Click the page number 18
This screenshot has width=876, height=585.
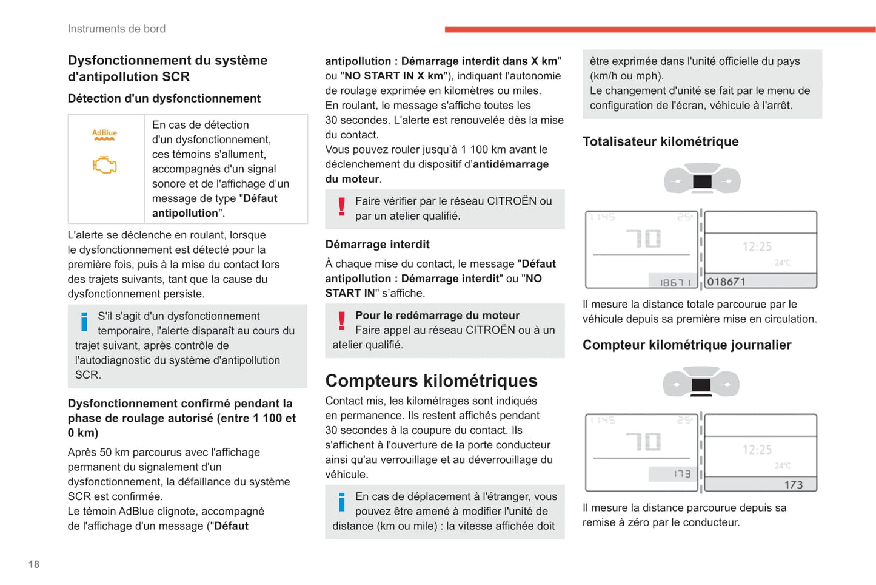[34, 564]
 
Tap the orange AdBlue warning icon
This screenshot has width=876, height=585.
[104, 134]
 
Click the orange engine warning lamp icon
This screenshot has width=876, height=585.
[104, 165]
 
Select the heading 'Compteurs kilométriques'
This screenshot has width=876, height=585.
[431, 380]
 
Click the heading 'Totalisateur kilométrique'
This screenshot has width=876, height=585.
[660, 141]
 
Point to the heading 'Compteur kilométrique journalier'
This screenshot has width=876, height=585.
[687, 345]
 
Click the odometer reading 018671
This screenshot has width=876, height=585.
[726, 282]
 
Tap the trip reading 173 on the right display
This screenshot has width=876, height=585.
[793, 485]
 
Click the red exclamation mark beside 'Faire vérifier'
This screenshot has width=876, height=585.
[341, 207]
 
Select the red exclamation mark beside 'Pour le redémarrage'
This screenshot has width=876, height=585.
[341, 321]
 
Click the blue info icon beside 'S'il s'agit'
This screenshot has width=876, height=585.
[84, 322]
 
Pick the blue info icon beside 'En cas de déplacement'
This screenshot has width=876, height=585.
[341, 502]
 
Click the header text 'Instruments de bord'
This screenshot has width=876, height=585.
[116, 29]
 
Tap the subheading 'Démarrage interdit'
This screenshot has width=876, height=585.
[377, 244]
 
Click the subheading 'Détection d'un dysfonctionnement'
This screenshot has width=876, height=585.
[164, 98]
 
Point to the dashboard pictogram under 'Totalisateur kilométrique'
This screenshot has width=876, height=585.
[702, 180]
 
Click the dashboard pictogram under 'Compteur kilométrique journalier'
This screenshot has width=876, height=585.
[701, 383]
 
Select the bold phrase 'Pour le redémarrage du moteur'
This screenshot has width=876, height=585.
[437, 315]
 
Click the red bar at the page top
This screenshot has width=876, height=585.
[660, 29]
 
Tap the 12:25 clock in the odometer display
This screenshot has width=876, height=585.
[757, 246]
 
